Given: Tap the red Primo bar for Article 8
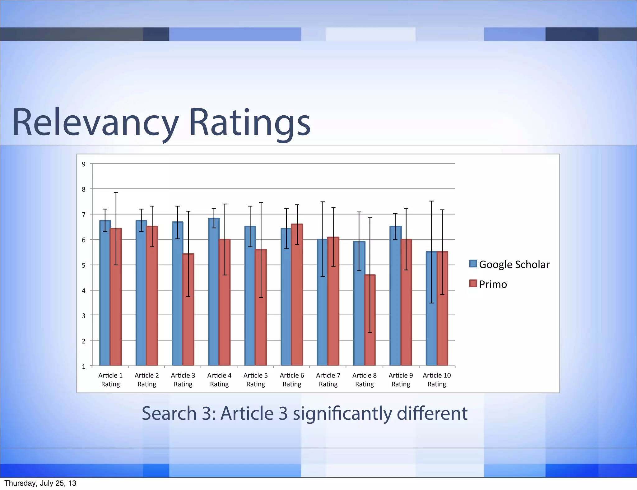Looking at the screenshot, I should pyautogui.click(x=370, y=320).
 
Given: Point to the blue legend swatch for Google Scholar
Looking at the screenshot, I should pyautogui.click(x=473, y=264).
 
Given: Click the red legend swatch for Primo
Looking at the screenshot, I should pyautogui.click(x=473, y=284).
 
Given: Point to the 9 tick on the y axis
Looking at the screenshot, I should pyautogui.click(x=84, y=164).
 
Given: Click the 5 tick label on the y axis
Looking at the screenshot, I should pyautogui.click(x=84, y=266).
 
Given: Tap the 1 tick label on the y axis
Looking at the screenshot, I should pyautogui.click(x=84, y=367).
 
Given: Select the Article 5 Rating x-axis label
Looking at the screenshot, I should pyautogui.click(x=256, y=380).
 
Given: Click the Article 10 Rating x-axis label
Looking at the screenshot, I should pyautogui.click(x=437, y=380).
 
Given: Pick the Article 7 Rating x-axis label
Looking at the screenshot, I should pyautogui.click(x=328, y=380).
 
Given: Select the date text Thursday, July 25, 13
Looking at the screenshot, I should pyautogui.click(x=40, y=483).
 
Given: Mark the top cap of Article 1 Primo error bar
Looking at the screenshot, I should pyautogui.click(x=116, y=192).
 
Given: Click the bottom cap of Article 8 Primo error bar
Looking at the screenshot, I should pyautogui.click(x=370, y=333).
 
